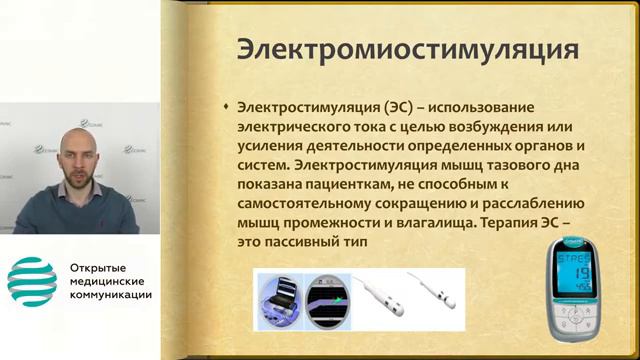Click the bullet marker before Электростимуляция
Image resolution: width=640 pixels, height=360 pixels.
pyautogui.click(x=226, y=105)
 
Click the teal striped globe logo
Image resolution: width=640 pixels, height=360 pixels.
pyautogui.click(x=32, y=282)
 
